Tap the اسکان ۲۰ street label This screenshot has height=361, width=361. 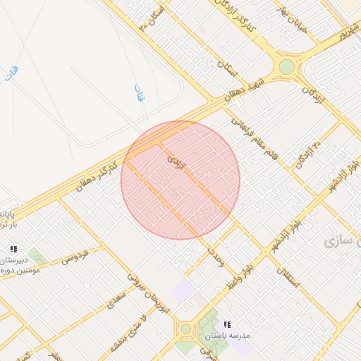point(152,16)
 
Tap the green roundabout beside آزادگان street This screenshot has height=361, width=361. point(286,67)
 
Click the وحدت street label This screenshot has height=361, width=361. point(216,256)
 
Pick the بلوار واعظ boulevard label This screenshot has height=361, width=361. point(240,272)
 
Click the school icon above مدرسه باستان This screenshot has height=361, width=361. point(227,324)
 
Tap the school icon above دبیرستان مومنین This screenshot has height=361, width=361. point(13,249)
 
